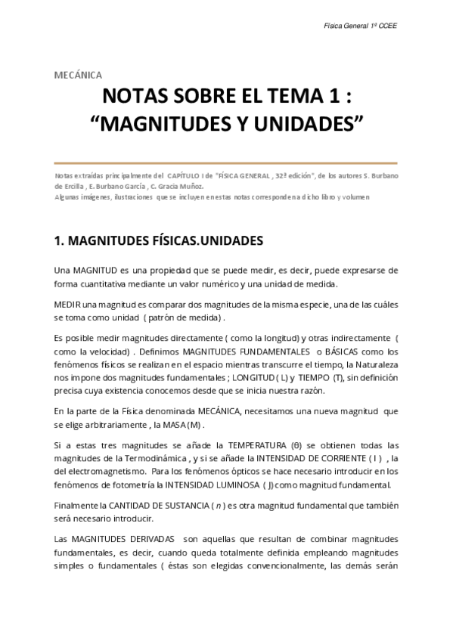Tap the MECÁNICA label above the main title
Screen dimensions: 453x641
[79, 74]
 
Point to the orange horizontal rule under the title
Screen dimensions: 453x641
[226, 162]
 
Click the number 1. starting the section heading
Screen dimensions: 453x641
[60, 241]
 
